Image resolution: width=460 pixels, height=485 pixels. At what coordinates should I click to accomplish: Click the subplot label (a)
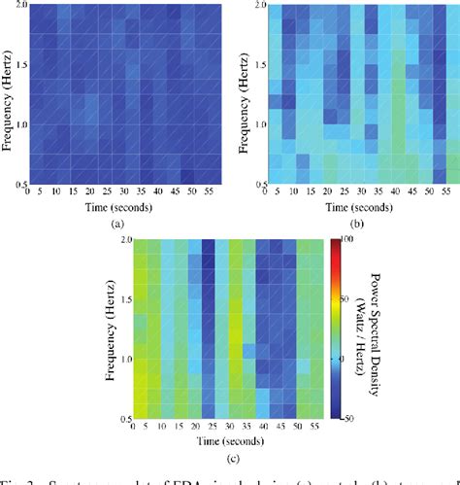[119, 223]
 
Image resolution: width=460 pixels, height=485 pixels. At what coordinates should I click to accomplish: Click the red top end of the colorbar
[339, 243]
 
